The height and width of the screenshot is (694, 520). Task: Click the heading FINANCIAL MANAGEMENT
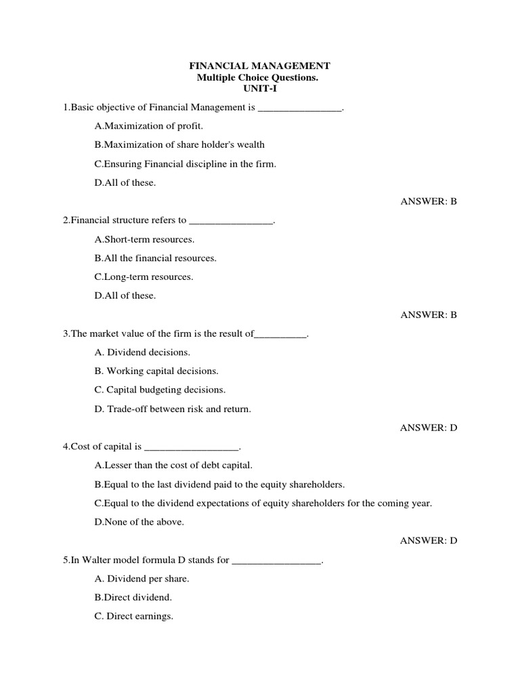click(259, 66)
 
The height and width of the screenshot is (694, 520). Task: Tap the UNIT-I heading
click(259, 89)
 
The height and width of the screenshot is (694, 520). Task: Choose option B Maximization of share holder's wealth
click(179, 144)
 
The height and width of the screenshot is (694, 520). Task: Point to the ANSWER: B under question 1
click(429, 201)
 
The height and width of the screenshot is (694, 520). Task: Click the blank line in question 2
click(231, 222)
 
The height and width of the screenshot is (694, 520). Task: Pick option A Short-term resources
click(144, 239)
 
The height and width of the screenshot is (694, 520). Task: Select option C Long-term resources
click(144, 277)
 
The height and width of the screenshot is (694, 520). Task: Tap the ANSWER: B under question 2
click(429, 314)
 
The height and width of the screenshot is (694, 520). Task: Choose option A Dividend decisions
click(143, 352)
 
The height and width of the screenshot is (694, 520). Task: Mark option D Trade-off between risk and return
click(173, 409)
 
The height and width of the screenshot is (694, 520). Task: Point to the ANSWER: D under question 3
click(429, 428)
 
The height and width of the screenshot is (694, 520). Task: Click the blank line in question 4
click(192, 447)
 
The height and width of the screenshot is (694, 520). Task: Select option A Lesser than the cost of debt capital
click(173, 465)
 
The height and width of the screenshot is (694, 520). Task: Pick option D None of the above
click(139, 522)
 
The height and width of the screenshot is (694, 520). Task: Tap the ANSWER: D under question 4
click(429, 540)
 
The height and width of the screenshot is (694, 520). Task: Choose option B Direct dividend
click(133, 597)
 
